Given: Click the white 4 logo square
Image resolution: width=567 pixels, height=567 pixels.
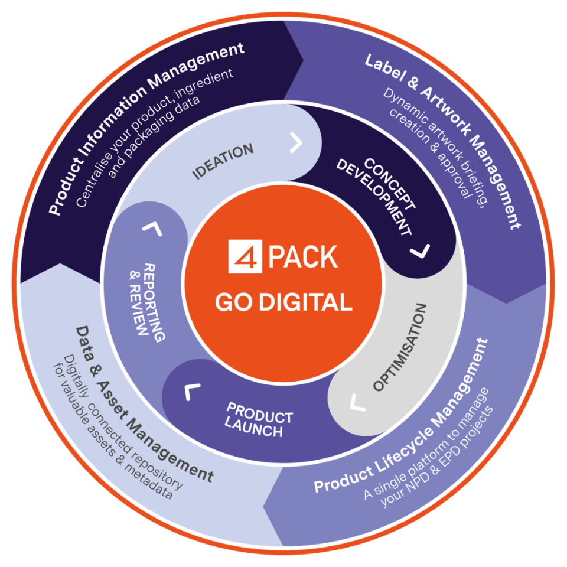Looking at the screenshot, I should tap(245, 257).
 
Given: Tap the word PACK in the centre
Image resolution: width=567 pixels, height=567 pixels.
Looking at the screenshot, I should tap(302, 257).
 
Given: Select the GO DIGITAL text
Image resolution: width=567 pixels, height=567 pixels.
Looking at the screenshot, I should tap(283, 302).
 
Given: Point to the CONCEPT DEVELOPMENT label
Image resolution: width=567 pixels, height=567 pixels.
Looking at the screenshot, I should tap(376, 195).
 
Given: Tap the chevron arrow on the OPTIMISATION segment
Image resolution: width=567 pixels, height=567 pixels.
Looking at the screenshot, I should tap(357, 403).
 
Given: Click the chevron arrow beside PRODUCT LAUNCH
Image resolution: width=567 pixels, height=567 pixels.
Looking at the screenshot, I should tap(192, 391).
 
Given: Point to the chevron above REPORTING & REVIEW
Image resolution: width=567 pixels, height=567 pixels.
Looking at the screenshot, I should tap(152, 229).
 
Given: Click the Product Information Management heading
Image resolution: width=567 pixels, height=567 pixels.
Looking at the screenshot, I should tap(146, 129).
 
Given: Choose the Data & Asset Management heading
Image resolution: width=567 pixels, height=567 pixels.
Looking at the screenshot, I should tap(145, 403).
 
